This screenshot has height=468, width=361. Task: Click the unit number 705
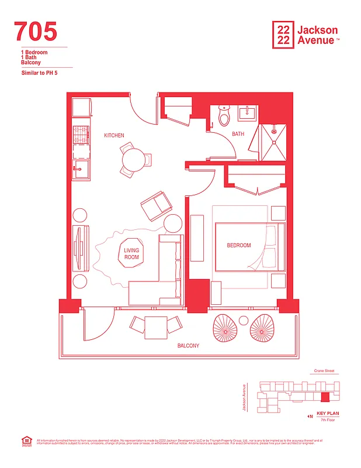pyautogui.click(x=36, y=31)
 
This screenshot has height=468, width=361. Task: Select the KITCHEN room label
pyautogui.click(x=114, y=136)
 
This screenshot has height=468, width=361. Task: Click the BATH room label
pyautogui.click(x=238, y=134)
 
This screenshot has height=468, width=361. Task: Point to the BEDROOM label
pyautogui.click(x=238, y=246)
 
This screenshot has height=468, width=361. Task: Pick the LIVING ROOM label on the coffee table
pyautogui.click(x=131, y=254)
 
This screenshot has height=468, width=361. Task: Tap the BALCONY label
pyautogui.click(x=188, y=346)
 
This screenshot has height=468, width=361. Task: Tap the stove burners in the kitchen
pyautogui.click(x=81, y=135)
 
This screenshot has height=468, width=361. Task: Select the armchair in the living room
pyautogui.click(x=156, y=206)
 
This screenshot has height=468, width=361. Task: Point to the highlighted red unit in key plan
pyautogui.click(x=325, y=397)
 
